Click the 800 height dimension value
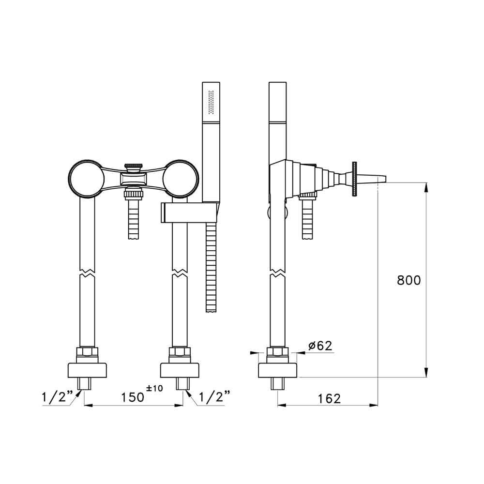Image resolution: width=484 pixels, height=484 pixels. pyautogui.click(x=408, y=280)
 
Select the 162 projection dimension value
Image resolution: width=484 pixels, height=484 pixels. pyautogui.click(x=329, y=398)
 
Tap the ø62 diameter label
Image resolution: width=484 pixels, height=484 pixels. pyautogui.click(x=320, y=346)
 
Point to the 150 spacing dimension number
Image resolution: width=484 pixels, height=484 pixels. pyautogui.click(x=133, y=397)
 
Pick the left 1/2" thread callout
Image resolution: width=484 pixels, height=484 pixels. pyautogui.click(x=58, y=396)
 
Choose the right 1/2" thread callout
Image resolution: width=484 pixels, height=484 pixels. pyautogui.click(x=215, y=396)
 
